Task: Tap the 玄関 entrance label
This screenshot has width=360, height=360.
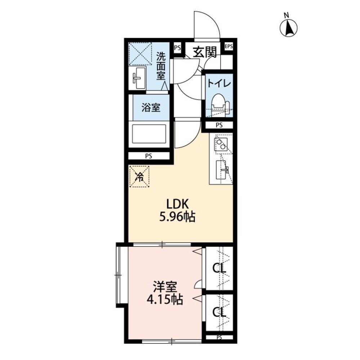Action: tap(204, 52)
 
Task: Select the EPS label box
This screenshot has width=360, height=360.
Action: tap(229, 47)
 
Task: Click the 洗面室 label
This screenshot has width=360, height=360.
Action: tap(161, 66)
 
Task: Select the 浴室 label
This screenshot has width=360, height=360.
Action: tap(151, 107)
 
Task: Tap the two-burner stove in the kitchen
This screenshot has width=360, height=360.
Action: tap(221, 144)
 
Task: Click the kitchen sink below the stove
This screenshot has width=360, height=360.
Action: tap(221, 170)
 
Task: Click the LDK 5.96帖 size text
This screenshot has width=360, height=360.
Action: tap(177, 210)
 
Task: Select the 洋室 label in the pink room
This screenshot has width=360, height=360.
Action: tap(165, 287)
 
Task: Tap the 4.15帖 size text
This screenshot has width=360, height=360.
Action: tap(165, 299)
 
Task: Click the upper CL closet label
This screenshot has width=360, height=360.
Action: tap(219, 268)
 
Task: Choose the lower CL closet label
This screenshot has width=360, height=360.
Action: tap(219, 312)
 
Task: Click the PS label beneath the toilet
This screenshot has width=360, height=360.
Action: tap(219, 125)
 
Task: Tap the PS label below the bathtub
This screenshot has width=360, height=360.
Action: tap(148, 156)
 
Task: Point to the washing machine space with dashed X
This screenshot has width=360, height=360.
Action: tap(140, 54)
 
